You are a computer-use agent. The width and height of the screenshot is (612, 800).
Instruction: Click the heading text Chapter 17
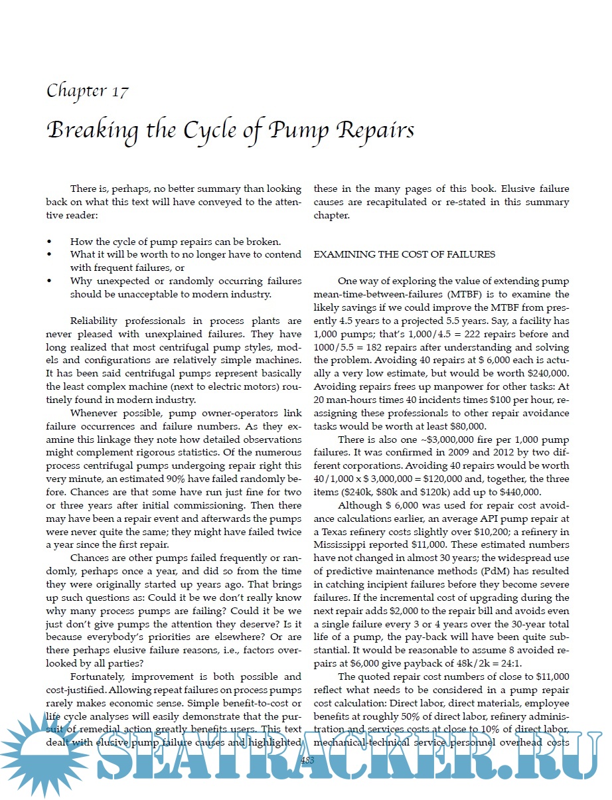87,91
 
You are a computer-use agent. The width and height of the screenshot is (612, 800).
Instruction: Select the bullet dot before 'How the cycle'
50,241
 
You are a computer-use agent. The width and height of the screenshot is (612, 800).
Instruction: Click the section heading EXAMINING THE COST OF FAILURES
404,254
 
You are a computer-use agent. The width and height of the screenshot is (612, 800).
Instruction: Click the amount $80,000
463,427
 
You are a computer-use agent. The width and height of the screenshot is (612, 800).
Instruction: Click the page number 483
307,760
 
